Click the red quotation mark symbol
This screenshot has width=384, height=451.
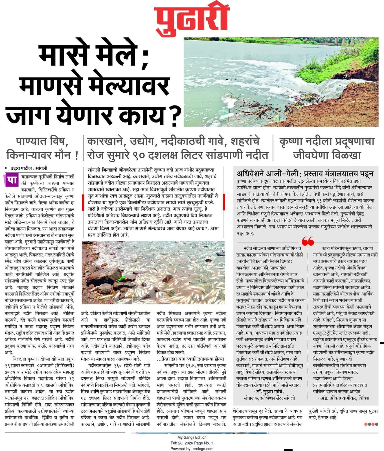(308, 241)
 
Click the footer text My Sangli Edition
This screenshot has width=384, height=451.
(192, 437)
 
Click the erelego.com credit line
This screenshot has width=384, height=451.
(192, 448)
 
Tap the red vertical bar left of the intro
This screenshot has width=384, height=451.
(84, 202)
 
